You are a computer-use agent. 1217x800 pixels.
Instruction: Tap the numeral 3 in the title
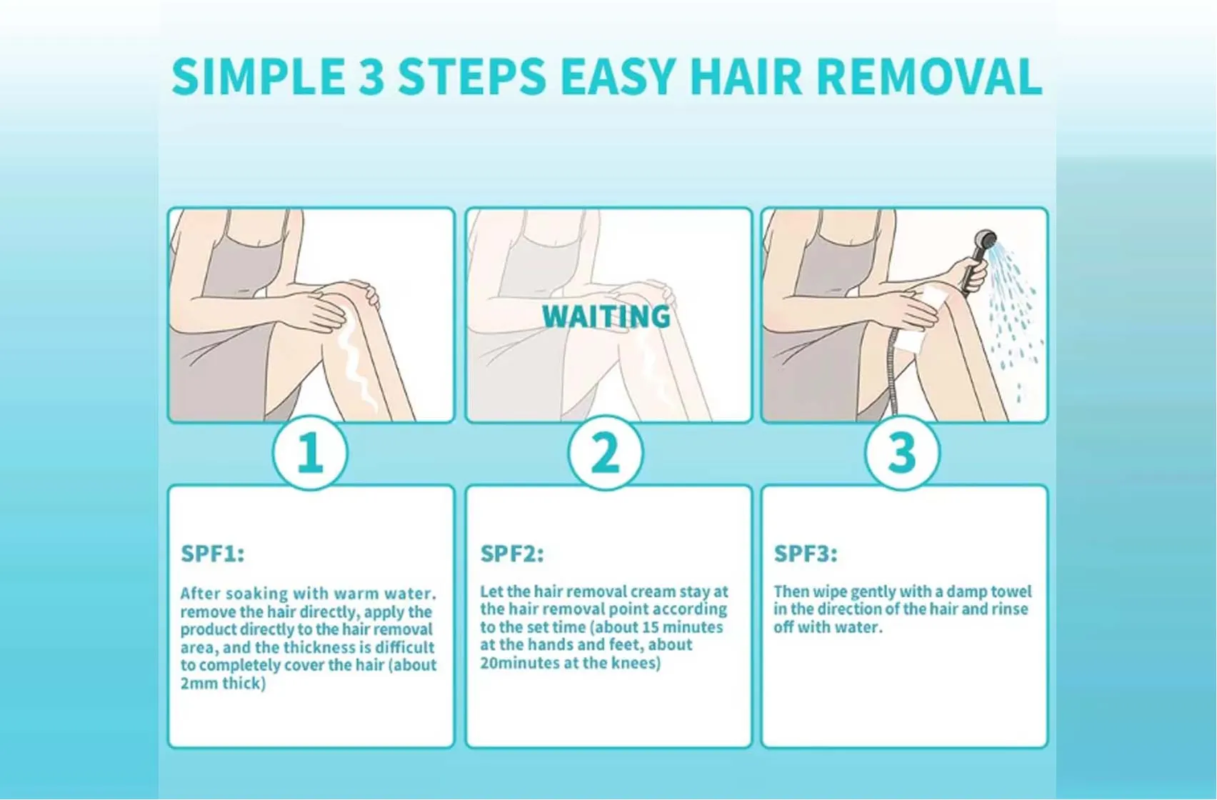point(371,76)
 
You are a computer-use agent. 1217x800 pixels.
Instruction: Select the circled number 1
point(310,453)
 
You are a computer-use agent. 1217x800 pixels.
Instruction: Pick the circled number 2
point(606,453)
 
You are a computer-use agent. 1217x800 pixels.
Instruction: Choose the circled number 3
point(902,453)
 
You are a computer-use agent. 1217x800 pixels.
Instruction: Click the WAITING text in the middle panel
point(606,316)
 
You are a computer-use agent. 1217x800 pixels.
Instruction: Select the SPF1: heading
point(212,554)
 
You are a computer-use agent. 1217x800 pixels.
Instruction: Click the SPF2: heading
point(511,554)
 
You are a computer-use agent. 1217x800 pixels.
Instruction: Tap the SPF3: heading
point(806,554)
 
